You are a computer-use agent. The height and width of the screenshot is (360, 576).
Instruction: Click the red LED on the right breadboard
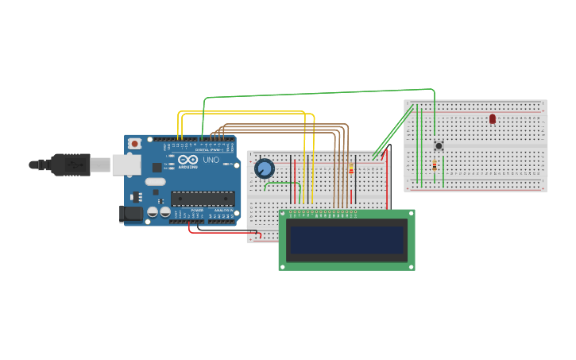[x=493, y=118]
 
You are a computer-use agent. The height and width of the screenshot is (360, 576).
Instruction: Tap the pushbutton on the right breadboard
[x=439, y=145]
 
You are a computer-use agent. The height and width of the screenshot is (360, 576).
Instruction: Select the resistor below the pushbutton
[x=434, y=165]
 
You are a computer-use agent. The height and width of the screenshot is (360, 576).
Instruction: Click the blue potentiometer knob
[x=264, y=168]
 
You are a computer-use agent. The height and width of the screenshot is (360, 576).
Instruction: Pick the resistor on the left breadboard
[x=351, y=168]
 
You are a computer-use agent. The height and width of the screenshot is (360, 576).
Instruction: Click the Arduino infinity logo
[x=187, y=160]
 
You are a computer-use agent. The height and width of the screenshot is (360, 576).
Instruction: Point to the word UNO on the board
[x=211, y=160]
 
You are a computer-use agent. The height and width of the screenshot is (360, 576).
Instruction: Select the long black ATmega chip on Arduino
[x=202, y=199]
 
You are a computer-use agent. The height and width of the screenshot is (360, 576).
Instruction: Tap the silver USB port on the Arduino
[x=125, y=165]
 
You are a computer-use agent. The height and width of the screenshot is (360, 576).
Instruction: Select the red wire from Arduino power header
[x=222, y=232]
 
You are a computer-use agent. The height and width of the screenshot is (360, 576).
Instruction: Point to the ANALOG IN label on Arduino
[x=222, y=211]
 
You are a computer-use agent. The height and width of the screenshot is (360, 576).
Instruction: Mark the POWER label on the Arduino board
[x=196, y=211]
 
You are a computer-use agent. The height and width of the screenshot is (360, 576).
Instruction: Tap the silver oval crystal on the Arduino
[x=155, y=181]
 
